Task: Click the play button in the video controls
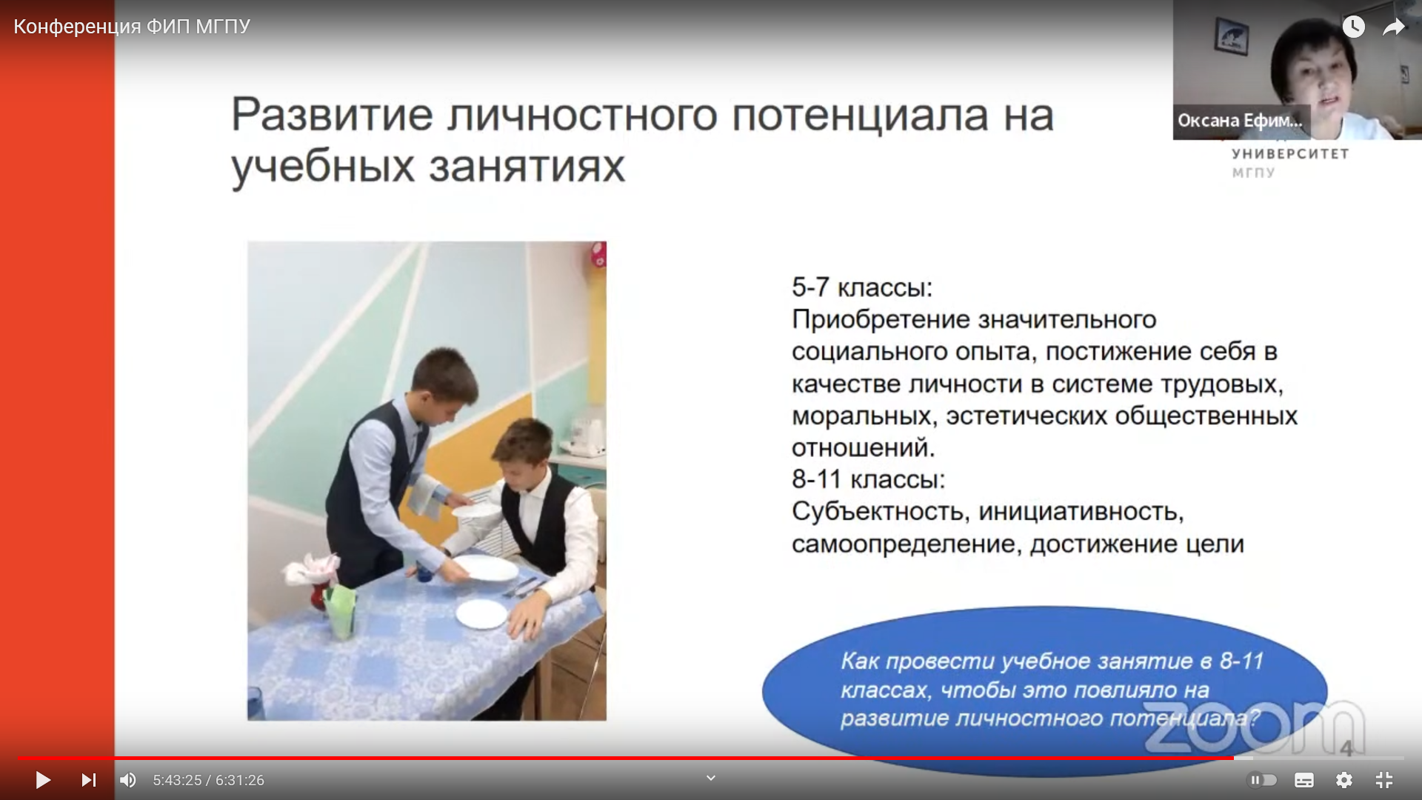tap(43, 780)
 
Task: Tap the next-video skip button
tap(89, 780)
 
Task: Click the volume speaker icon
tap(128, 780)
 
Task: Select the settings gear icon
tap(1344, 780)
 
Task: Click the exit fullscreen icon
tap(1384, 780)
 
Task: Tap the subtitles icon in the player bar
tap(1304, 780)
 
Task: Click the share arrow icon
tap(1394, 27)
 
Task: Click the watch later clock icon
tap(1354, 27)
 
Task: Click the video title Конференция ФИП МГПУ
tap(132, 27)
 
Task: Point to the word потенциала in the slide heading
tap(861, 116)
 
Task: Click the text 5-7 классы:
tap(862, 287)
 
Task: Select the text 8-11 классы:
tap(869, 479)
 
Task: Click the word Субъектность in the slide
tap(881, 512)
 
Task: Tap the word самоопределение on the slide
tap(906, 544)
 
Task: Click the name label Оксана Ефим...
tap(1240, 121)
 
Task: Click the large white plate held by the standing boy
tap(485, 569)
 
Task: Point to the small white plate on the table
tap(481, 614)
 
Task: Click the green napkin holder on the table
tap(341, 610)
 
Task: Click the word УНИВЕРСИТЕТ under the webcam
tap(1290, 154)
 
